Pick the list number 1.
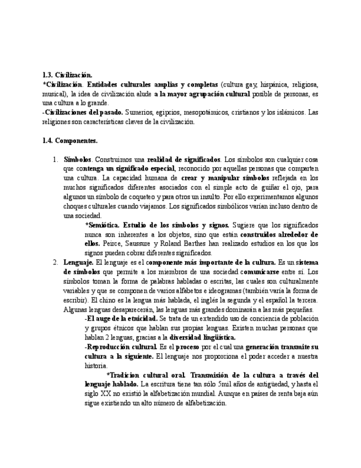click(55, 159)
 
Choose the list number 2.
click(55, 263)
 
